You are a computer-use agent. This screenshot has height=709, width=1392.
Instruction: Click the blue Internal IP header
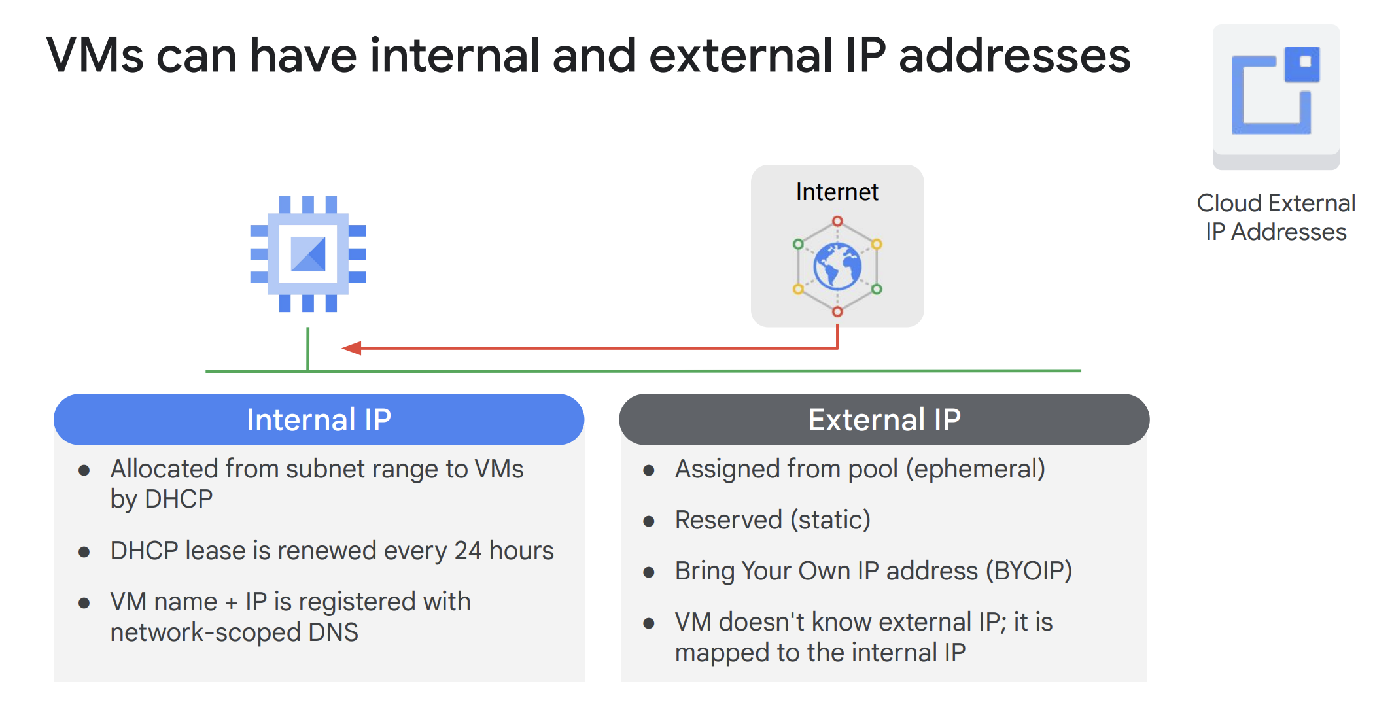click(319, 419)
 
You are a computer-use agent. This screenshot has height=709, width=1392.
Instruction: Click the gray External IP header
click(884, 419)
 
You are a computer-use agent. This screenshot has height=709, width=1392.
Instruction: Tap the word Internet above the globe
click(837, 192)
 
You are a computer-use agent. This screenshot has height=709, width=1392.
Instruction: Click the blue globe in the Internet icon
click(837, 266)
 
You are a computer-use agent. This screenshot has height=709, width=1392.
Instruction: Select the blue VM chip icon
click(308, 254)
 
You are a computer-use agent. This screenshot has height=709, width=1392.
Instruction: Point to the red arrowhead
click(352, 348)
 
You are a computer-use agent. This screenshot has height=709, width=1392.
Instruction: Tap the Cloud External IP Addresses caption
click(1276, 217)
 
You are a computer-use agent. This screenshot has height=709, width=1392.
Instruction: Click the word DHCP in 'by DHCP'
click(179, 499)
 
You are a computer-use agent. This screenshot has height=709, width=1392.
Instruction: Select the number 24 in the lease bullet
click(468, 551)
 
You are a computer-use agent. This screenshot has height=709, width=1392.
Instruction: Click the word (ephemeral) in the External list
click(975, 469)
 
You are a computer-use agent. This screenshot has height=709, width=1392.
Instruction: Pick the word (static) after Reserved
click(830, 520)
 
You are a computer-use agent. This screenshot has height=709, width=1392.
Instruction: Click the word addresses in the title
click(1015, 56)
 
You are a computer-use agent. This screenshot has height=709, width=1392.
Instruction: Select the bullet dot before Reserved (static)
click(649, 521)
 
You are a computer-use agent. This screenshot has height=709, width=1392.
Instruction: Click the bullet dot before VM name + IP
click(84, 603)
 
